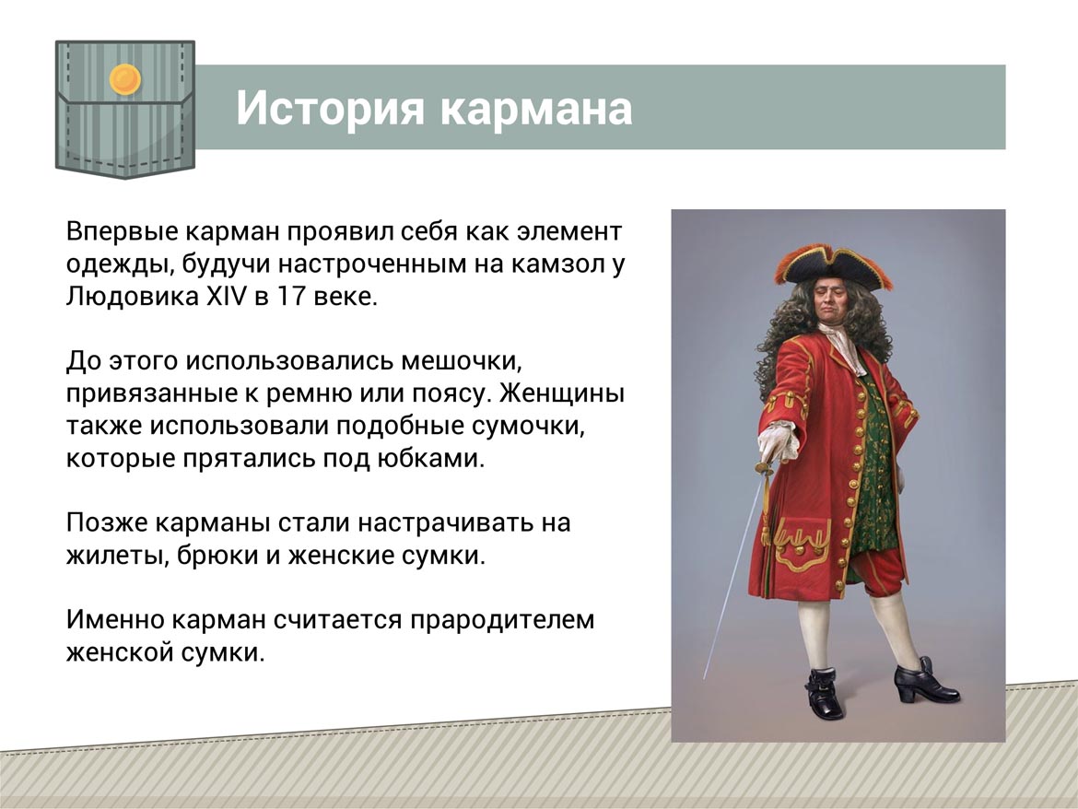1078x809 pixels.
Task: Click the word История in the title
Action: click(330, 109)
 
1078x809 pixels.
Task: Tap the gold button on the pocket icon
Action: click(125, 79)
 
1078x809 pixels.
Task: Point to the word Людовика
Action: click(133, 297)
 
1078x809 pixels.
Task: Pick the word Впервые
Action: click(122, 232)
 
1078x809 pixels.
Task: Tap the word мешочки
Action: click(461, 361)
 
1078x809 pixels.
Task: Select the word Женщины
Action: click(562, 393)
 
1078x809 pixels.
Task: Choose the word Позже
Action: click(107, 523)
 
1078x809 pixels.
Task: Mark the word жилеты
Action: click(118, 556)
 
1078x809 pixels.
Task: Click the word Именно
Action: click(115, 620)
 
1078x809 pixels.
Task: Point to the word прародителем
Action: click(502, 621)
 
